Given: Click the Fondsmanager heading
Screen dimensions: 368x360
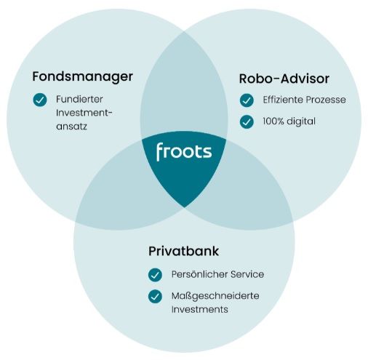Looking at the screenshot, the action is tap(82, 77).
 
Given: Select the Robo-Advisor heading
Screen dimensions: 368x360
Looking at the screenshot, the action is tap(284, 79).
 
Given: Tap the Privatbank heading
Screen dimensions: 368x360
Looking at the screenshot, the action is tap(183, 251).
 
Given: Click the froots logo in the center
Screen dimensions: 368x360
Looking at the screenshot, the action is tap(184, 152).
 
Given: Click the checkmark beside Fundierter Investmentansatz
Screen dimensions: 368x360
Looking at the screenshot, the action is tap(40, 100).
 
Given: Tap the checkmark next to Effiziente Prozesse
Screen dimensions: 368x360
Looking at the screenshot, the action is tap(247, 100).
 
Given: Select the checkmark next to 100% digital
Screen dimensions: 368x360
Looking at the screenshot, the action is tap(247, 121).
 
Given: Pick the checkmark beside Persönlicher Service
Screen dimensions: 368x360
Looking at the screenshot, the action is tap(155, 275).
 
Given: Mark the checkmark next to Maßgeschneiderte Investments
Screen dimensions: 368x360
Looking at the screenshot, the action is tap(155, 297).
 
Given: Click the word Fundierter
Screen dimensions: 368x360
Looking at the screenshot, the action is tap(79, 99).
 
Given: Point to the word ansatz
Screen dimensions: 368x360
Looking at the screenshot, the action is tap(71, 127).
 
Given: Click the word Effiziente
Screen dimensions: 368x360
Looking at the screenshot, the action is tap(282, 100).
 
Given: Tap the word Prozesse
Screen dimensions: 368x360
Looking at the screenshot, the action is tap(326, 100).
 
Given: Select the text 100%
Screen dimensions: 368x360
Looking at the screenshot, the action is tap(273, 121).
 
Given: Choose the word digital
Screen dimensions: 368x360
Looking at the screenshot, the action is tap(301, 121).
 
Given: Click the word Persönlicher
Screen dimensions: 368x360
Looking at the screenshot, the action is tap(199, 274).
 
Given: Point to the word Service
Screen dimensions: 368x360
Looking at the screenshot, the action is tap(247, 274).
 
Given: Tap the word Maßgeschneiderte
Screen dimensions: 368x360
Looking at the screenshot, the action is tap(215, 296).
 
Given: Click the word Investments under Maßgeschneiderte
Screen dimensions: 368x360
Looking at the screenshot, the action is tap(200, 310).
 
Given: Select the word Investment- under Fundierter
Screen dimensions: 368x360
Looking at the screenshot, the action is tap(84, 113).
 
